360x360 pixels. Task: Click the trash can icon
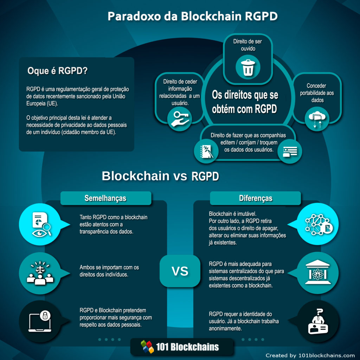tap(248, 67)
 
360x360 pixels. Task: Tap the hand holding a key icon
tap(180, 119)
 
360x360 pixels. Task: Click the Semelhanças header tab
tap(106, 198)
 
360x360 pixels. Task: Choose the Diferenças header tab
tap(255, 198)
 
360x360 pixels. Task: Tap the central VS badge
tap(180, 271)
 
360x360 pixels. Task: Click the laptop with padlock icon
tap(40, 321)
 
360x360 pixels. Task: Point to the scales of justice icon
tap(40, 273)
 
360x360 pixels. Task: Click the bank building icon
tap(318, 272)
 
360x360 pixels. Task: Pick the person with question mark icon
tap(318, 321)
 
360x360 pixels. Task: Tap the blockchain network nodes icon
tap(319, 224)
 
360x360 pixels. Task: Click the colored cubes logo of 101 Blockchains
tap(147, 346)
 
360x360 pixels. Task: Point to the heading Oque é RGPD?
tap(57, 71)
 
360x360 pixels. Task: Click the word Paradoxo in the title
tap(134, 16)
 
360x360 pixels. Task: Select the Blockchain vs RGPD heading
tap(160, 176)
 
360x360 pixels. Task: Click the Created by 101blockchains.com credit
tap(310, 355)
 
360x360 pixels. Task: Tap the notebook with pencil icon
tap(206, 151)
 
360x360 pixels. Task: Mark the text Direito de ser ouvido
tap(248, 45)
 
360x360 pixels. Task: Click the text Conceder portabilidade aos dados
tap(317, 93)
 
